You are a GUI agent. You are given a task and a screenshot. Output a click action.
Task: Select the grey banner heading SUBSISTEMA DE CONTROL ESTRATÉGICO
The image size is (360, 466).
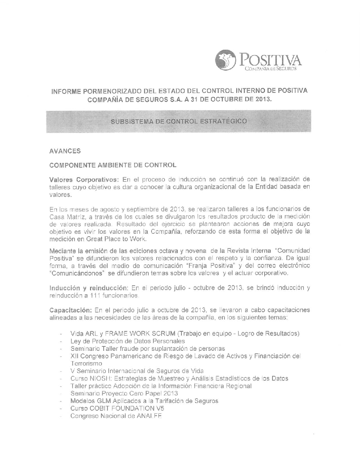179,121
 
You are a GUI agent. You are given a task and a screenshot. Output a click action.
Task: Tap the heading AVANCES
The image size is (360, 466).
65,152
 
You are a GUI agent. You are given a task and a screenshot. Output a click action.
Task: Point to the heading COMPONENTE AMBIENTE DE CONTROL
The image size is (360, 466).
113,165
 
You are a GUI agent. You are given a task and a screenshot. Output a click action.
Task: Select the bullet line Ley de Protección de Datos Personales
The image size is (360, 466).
128,341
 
